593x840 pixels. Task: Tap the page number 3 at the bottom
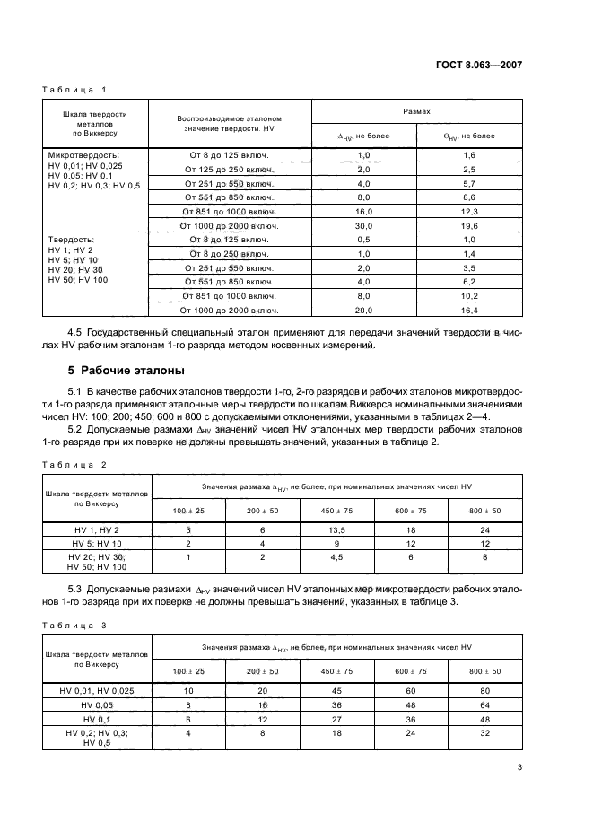[x=519, y=766]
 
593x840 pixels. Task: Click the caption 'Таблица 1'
[x=74, y=89]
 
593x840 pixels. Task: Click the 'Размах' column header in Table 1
[x=416, y=111]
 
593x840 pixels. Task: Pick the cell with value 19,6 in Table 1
[x=469, y=225]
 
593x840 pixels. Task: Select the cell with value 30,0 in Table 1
[x=364, y=225]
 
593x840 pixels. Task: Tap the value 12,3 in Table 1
[x=469, y=211]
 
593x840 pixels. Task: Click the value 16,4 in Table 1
[x=469, y=310]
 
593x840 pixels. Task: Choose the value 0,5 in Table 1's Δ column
[x=364, y=240]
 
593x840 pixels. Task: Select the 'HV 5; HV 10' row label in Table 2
[x=96, y=543]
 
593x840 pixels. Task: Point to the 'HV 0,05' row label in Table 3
[x=96, y=705]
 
